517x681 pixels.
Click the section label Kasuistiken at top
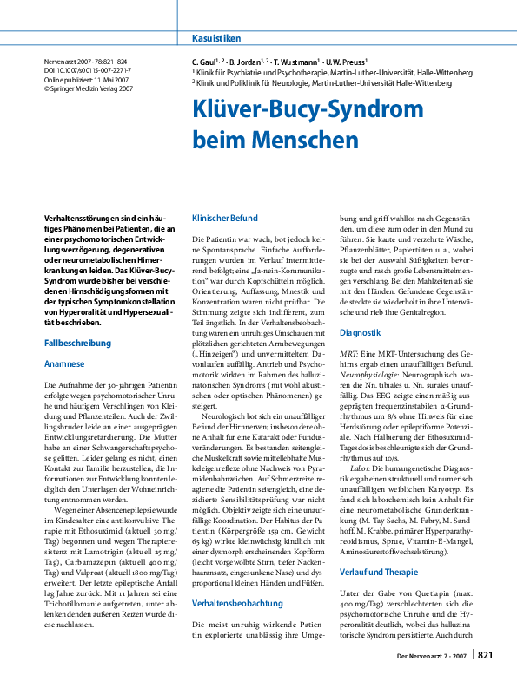(x=216, y=39)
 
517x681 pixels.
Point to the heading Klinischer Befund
(x=225, y=219)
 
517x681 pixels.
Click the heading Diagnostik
(x=361, y=357)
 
